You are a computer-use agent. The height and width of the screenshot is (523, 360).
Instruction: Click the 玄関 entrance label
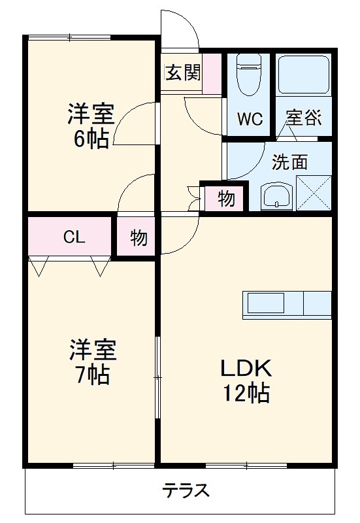tap(182, 73)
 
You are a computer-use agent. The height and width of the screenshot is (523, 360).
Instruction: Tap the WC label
tap(249, 120)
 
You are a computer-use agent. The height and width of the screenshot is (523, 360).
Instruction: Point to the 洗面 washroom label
tap(289, 163)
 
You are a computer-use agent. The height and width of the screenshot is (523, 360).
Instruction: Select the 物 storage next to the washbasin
tap(226, 199)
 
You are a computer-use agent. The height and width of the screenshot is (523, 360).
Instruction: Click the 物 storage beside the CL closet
tap(138, 238)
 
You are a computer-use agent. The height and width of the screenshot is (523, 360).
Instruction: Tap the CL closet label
tap(73, 237)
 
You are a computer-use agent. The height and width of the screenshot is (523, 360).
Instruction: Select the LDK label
tap(245, 368)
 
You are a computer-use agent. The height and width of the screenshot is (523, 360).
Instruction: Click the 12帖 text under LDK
tap(245, 393)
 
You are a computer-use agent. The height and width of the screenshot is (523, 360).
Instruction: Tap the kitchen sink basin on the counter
tap(265, 303)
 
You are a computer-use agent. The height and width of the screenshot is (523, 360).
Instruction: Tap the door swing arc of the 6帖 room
tap(135, 121)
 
